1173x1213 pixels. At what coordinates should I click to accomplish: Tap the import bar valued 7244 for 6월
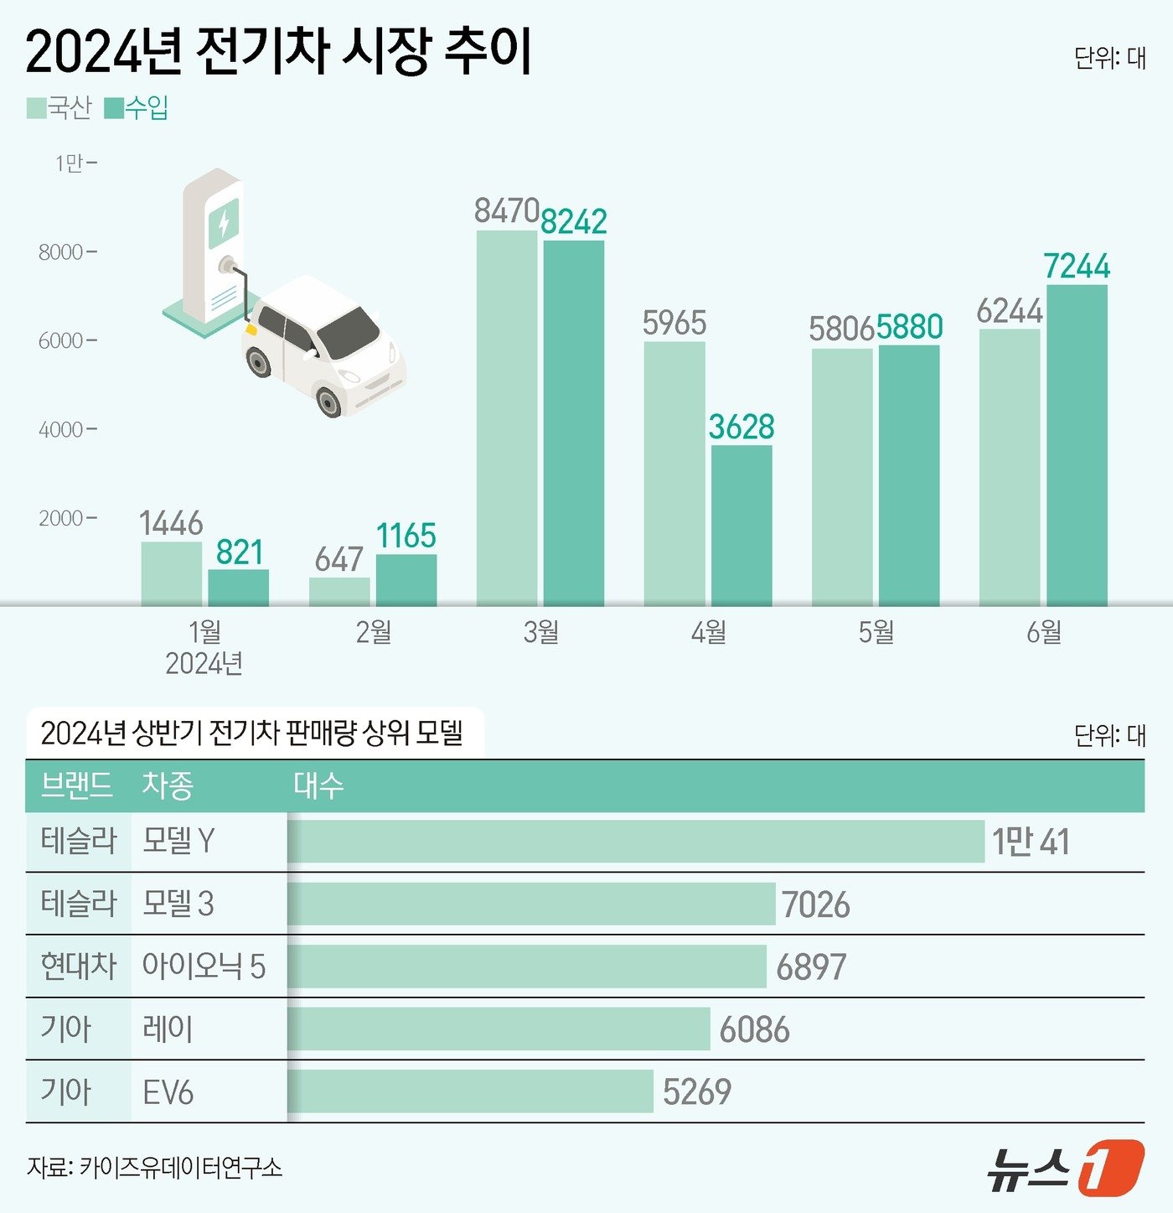1077,445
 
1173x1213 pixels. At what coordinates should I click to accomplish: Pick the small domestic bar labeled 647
339,591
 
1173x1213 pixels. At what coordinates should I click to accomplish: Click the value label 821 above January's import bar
240,552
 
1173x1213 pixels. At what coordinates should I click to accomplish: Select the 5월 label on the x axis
876,631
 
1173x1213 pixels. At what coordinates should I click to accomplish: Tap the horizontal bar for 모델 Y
637,841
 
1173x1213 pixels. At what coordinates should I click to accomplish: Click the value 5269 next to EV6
697,1091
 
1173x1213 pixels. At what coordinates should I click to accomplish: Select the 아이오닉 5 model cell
204,966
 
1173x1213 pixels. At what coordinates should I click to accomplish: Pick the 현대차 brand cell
78,966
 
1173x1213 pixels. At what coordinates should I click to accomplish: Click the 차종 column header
168,785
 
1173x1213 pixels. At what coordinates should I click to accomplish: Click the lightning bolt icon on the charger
224,222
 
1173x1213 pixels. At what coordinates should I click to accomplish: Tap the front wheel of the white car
329,402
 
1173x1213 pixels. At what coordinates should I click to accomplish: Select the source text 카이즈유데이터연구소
181,1167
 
